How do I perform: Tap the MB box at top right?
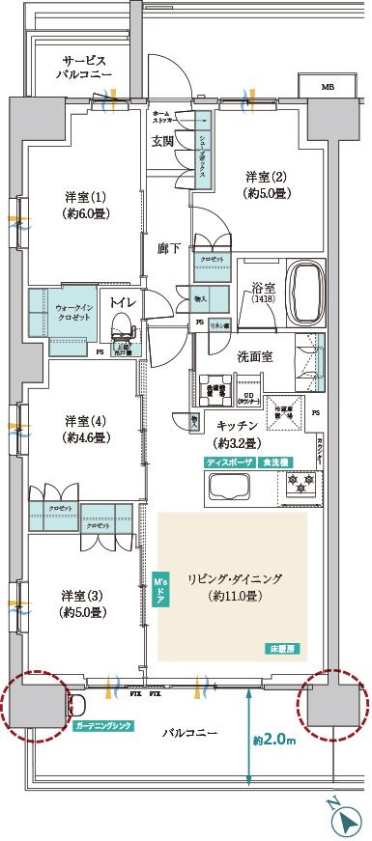point(330,87)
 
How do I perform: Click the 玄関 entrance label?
point(162,142)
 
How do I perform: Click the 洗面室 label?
point(255,356)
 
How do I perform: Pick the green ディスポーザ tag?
point(229,463)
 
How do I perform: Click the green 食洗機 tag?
point(275,463)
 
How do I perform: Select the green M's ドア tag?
point(160,590)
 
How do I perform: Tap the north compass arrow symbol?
point(346,822)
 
